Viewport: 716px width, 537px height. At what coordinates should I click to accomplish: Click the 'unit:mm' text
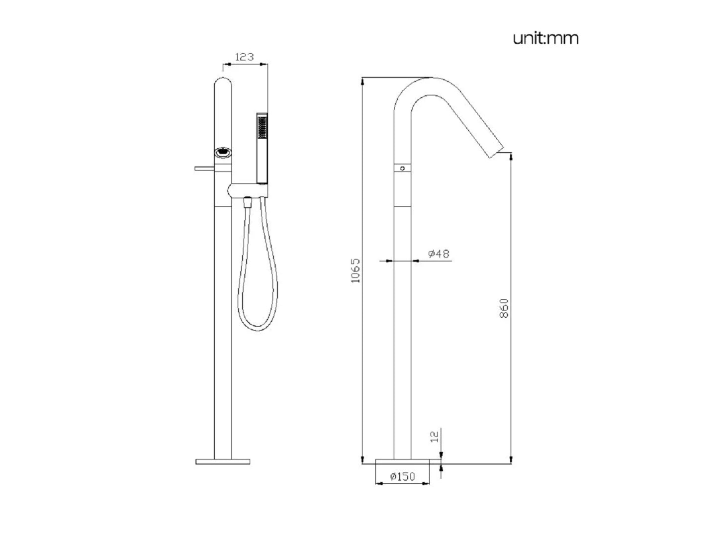click(545, 38)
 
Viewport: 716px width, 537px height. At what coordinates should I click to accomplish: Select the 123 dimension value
click(244, 57)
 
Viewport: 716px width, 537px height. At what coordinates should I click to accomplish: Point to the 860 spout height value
click(504, 308)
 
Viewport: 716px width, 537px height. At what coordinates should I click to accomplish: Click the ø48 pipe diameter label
click(439, 254)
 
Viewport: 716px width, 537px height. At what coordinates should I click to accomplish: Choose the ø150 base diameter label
click(403, 477)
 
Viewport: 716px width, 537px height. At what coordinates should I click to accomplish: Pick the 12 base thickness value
click(435, 437)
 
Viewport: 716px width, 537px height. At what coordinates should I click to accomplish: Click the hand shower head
click(262, 148)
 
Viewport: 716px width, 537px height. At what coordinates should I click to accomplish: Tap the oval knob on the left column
click(223, 152)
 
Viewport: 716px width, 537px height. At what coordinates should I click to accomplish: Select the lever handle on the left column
click(204, 168)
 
